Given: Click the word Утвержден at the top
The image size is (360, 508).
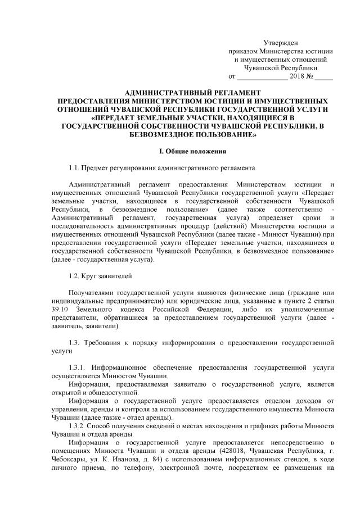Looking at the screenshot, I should pyautogui.click(x=281, y=43).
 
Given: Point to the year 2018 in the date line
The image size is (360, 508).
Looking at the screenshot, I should pyautogui.click(x=296, y=75).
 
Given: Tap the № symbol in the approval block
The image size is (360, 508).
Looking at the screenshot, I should pyautogui.click(x=309, y=75).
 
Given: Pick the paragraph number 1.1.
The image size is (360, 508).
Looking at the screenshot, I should pyautogui.click(x=74, y=167).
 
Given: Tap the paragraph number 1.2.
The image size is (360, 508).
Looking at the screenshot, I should pyautogui.click(x=74, y=275).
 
